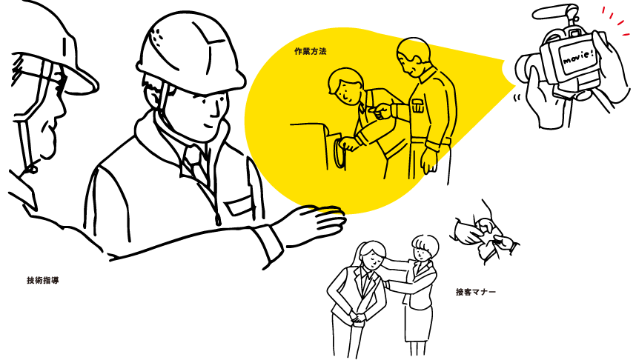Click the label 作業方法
tap(311, 52)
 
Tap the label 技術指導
tap(43, 280)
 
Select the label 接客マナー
tap(476, 292)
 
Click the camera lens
tap(526, 65)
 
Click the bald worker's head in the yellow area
tap(413, 56)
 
